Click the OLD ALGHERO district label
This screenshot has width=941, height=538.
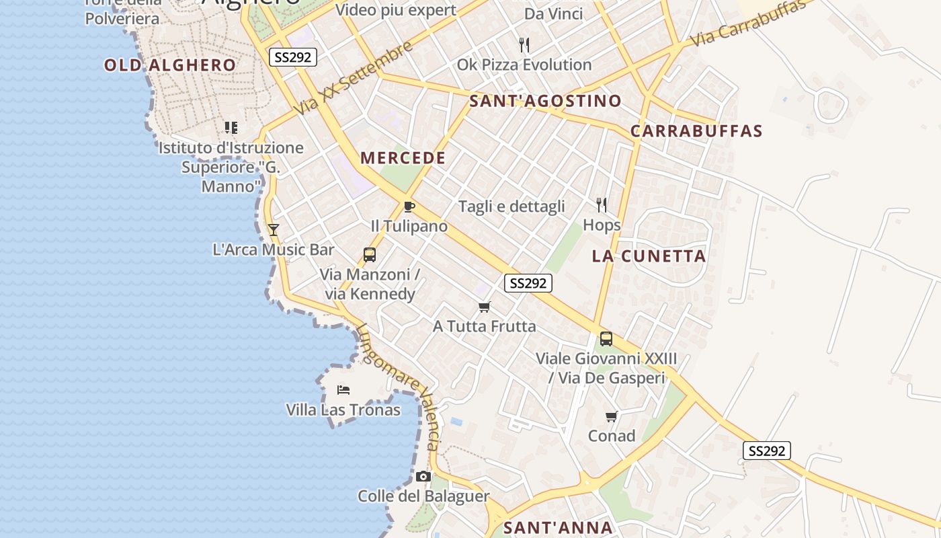pos(170,65)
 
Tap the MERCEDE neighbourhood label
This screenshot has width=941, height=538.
pos(403,158)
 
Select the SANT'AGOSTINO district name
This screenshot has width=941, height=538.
pos(545,102)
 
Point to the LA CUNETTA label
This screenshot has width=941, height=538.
pos(649,256)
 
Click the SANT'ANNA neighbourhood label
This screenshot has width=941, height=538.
pos(558,528)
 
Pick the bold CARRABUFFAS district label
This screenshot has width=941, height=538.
pos(696,131)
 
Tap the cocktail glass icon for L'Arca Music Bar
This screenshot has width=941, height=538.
pos(274,229)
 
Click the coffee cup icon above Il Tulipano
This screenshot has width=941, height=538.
pos(409,206)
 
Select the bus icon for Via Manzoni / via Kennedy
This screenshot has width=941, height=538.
pos(370,255)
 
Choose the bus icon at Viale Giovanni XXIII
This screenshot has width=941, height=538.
pos(606,339)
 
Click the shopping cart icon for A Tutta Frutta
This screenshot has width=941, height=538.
pos(484,307)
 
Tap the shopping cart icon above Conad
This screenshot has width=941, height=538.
pos(612,417)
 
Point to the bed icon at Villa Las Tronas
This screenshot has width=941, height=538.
pos(343,390)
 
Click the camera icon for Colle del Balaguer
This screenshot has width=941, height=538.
pos(423,477)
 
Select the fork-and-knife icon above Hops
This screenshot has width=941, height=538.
pos(602,205)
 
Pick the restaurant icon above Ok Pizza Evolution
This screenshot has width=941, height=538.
pos(524,45)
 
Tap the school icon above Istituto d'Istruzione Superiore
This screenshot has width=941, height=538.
pos(231,127)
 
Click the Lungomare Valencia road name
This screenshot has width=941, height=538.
pos(399,387)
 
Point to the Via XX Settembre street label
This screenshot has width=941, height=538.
pos(353,77)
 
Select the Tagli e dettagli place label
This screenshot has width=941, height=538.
pos(512,206)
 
